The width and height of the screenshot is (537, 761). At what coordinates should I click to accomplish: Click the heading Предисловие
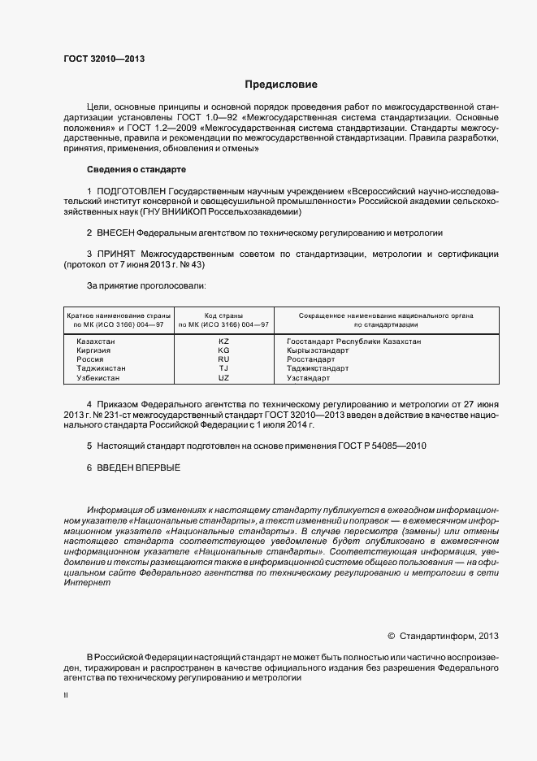coord(282,85)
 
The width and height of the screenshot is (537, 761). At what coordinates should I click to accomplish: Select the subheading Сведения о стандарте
coord(136,169)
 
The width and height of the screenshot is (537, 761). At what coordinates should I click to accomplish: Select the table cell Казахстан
coord(95,341)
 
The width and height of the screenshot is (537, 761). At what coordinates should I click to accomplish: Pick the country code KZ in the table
coord(224,341)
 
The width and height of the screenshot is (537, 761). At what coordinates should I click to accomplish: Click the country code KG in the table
coord(224,350)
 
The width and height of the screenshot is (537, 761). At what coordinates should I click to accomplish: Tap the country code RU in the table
coord(224,359)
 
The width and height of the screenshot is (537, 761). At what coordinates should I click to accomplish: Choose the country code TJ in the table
coord(224,368)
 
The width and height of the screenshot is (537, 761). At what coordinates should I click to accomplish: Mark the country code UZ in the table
coord(224,378)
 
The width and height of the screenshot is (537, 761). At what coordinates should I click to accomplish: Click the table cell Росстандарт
coord(310,359)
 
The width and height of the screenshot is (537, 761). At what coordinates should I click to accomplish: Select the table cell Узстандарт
coord(308,378)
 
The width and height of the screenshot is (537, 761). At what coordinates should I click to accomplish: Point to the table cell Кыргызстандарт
coord(317,350)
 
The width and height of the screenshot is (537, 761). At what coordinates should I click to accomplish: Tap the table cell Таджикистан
coord(101,368)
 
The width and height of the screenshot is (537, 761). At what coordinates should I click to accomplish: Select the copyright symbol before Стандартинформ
coord(391,636)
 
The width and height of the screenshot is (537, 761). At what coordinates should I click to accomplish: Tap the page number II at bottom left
coord(66,697)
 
